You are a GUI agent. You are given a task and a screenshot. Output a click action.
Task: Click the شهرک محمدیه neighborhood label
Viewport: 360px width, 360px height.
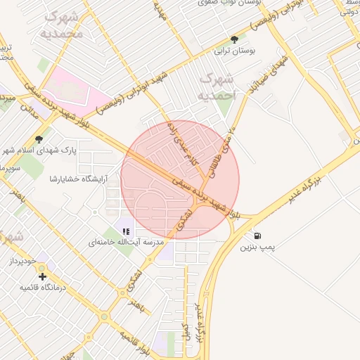pos(62,25)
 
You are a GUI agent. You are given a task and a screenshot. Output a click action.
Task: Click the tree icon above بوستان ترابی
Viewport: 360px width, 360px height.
pos(234,39)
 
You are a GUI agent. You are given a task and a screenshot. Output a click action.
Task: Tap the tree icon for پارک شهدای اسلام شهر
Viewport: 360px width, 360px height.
pos(38,139)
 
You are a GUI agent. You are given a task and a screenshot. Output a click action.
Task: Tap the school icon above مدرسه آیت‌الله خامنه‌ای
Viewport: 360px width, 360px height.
pos(126,230)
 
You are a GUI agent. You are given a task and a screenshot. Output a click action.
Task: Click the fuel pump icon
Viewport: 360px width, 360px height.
pos(259,235)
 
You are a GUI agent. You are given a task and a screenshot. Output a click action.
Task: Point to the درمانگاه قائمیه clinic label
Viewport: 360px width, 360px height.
pos(42,288)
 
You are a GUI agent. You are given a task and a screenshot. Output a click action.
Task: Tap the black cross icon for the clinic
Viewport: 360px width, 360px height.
pos(43,276)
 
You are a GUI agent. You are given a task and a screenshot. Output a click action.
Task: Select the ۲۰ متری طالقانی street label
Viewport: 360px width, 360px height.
pos(230,141)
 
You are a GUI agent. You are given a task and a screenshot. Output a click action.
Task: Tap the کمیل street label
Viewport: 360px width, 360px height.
pos(185,330)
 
